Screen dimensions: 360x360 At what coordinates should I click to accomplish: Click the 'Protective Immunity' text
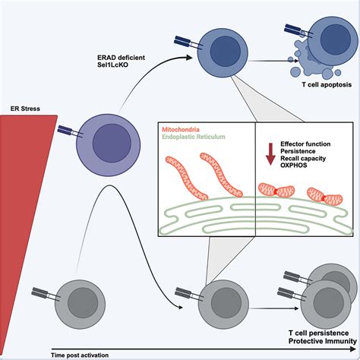tap(310, 342)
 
